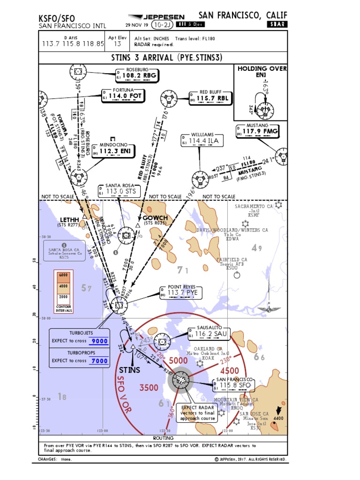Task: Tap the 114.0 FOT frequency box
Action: click(x=123, y=96)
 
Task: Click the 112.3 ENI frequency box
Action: click(x=114, y=150)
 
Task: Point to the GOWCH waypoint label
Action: click(x=155, y=218)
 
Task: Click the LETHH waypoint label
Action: click(x=70, y=219)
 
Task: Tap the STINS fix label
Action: click(x=130, y=370)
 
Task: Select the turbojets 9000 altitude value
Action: click(x=99, y=341)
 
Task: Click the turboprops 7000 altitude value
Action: click(x=99, y=360)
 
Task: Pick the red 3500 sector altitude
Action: click(x=149, y=388)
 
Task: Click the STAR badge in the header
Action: click(x=277, y=24)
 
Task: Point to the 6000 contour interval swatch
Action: click(x=64, y=275)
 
